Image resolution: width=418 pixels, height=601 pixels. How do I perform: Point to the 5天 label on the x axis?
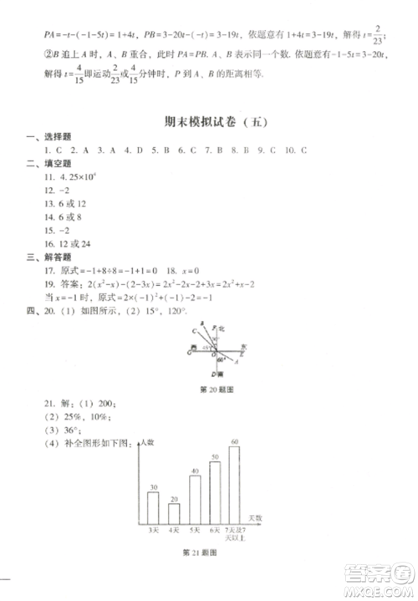(x=196, y=531)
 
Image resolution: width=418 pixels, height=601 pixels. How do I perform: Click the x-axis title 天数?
(x=255, y=518)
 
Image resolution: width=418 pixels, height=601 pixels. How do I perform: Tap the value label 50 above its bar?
(x=215, y=456)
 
